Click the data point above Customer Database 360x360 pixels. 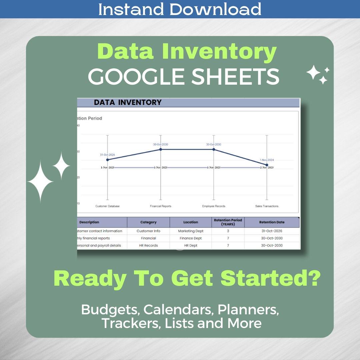(x=107, y=160)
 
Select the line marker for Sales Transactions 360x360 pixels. (x=267, y=165)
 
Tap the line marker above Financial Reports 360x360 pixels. (x=161, y=149)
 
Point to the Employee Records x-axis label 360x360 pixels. (x=214, y=206)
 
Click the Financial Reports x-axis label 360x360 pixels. (x=161, y=206)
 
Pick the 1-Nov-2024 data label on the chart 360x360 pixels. (x=267, y=160)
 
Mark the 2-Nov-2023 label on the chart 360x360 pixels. (x=267, y=167)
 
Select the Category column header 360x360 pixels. (x=148, y=222)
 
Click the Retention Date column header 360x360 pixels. (x=272, y=222)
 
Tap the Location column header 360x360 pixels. (x=191, y=222)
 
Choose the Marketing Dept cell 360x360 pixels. (x=191, y=231)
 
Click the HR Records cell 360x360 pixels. (x=148, y=245)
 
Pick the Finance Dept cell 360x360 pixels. (x=191, y=238)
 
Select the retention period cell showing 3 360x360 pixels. (x=228, y=231)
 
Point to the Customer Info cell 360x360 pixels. (x=148, y=231)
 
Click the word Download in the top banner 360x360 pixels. (x=215, y=9)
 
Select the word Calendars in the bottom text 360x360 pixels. (x=179, y=310)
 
